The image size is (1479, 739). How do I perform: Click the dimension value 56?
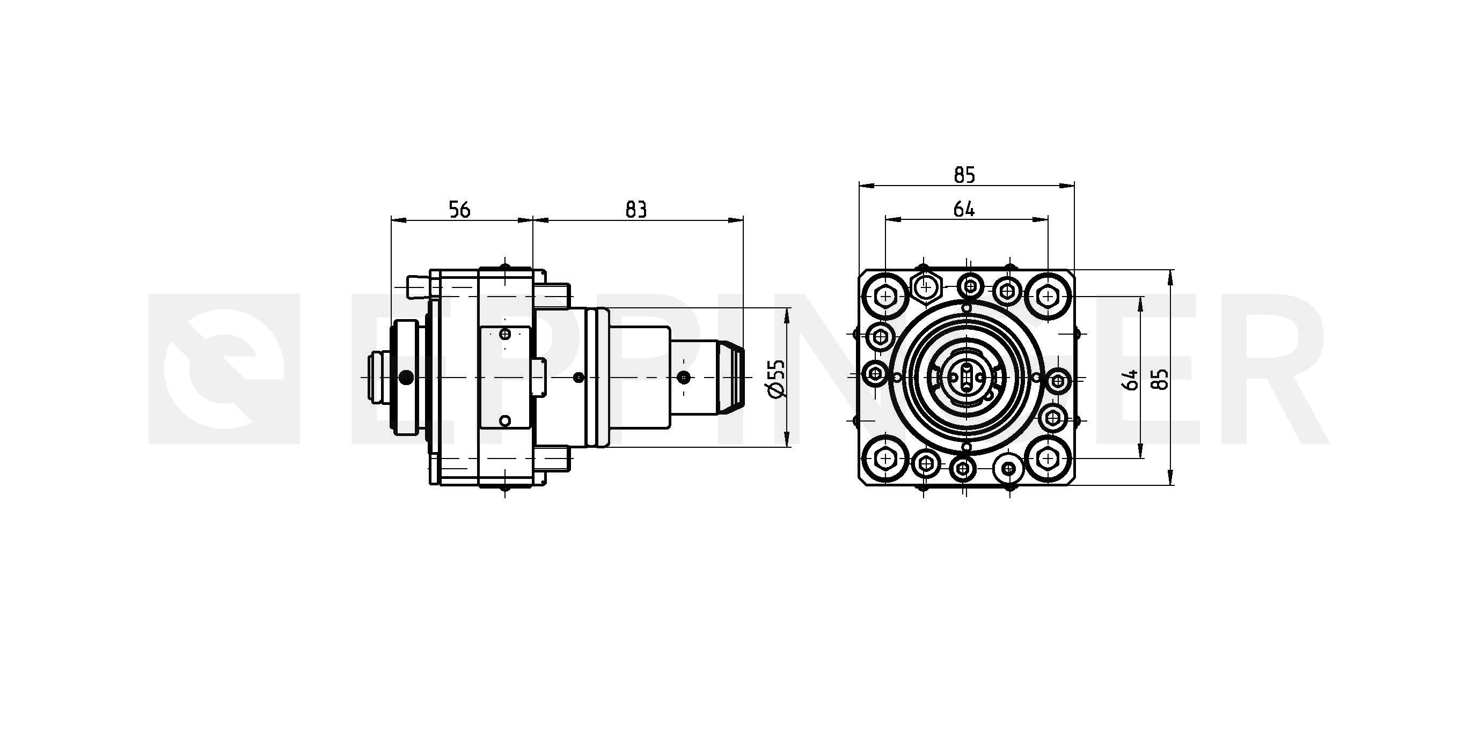click(459, 210)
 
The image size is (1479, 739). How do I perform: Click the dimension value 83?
click(635, 210)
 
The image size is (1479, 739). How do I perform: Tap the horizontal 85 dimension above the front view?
click(964, 174)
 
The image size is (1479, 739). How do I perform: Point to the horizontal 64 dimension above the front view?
click(964, 210)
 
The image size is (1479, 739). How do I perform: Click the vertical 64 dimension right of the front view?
click(1130, 380)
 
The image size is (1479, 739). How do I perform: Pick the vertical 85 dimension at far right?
click(1161, 380)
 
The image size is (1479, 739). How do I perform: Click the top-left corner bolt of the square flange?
click(885, 297)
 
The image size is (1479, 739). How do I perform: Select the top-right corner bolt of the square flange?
click(1048, 297)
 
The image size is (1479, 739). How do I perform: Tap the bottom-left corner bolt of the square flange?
click(885, 459)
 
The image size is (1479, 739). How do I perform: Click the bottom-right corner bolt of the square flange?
click(1048, 459)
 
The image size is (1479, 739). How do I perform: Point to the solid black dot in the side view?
click(406, 377)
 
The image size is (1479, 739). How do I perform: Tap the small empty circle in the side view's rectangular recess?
click(504, 421)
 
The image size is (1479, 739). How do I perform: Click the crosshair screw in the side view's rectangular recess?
click(505, 334)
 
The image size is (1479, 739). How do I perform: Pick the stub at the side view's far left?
click(377, 377)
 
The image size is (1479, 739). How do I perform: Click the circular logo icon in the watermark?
click(224, 369)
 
